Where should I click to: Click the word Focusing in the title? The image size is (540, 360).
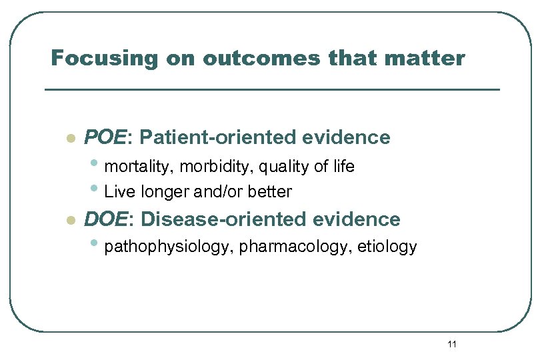tap(91, 59)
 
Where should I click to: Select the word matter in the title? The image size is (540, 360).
tap(426, 59)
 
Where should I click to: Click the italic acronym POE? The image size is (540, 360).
tap(105, 137)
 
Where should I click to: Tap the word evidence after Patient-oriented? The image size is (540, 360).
tap(346, 137)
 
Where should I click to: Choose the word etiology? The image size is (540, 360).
tap(388, 247)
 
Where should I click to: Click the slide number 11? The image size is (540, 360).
tap(452, 344)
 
